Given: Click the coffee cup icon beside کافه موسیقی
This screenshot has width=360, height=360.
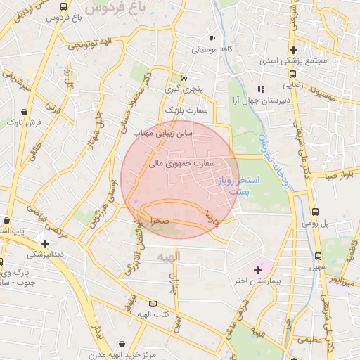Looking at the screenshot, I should point(212,38).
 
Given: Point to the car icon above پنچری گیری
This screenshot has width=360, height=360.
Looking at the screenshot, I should point(183,77).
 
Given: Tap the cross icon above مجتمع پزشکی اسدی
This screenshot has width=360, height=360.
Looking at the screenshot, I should point(293,50).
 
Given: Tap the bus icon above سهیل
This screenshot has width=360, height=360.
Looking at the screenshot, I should point(319,257).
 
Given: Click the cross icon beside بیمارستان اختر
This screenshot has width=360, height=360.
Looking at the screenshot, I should point(257,270).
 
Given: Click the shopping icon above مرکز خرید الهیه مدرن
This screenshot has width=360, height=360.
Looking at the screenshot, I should point(124,345).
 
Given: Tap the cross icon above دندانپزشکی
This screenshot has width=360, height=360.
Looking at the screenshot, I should point(45,243).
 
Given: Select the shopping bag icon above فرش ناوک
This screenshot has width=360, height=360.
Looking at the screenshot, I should point(25,112).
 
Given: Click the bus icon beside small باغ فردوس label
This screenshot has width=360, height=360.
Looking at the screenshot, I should point(64,7).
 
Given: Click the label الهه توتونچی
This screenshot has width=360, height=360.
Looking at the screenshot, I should point(94,44).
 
